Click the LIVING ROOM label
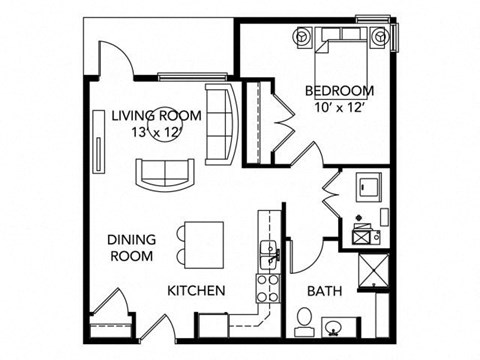click(x=156, y=115)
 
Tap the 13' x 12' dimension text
click(x=156, y=132)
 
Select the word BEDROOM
click(x=340, y=91)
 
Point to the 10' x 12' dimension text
click(x=339, y=108)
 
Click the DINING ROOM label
click(x=130, y=247)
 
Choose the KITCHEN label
click(x=195, y=291)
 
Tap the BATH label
click(x=324, y=291)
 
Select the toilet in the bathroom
click(x=304, y=321)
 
